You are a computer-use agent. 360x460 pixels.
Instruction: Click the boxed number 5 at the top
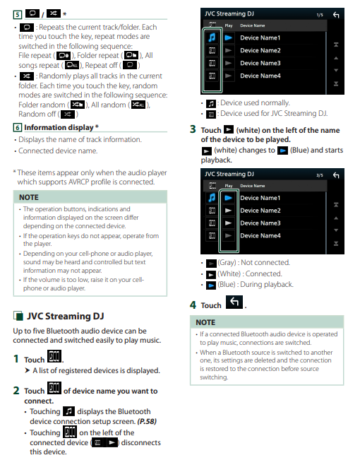(18, 14)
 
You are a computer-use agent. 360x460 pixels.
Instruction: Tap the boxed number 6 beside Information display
(18, 127)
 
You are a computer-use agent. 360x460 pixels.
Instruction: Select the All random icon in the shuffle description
(138, 105)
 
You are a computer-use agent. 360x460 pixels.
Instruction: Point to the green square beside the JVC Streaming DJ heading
(18, 316)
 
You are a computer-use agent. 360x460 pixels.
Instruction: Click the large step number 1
(16, 359)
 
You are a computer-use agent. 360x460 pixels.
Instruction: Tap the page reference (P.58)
(147, 421)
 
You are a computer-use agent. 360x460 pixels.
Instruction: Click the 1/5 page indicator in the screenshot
(320, 15)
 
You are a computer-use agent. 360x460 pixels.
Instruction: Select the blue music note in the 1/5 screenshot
(212, 37)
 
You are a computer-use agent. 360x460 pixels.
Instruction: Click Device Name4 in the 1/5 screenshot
(260, 76)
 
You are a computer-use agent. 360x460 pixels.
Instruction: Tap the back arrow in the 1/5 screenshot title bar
(336, 15)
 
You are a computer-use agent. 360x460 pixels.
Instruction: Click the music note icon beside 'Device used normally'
(211, 104)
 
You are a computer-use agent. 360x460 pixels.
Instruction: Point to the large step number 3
(193, 129)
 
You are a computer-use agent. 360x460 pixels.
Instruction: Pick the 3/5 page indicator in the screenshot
(320, 175)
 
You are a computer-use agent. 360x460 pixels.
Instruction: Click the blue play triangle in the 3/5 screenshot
(229, 198)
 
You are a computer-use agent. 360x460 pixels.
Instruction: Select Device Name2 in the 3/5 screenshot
(260, 211)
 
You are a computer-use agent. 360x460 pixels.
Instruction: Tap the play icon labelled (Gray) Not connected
(211, 263)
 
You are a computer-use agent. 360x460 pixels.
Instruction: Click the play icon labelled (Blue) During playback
(211, 285)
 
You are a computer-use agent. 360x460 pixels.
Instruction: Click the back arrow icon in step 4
(234, 302)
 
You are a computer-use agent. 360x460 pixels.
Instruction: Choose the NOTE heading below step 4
(205, 322)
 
